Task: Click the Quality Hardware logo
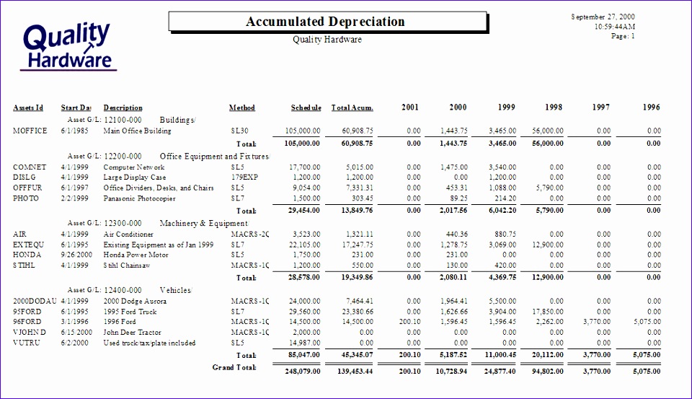click(x=68, y=46)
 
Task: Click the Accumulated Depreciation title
click(x=325, y=22)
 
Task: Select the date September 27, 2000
click(x=603, y=17)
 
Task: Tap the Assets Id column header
click(x=28, y=108)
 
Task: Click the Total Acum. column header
click(x=352, y=108)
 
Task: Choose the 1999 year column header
click(x=506, y=108)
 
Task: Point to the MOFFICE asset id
click(x=30, y=131)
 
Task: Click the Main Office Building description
click(x=137, y=131)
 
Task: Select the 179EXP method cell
click(x=243, y=177)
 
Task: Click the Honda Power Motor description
click(x=136, y=255)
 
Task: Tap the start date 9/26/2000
click(x=76, y=255)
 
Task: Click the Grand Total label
click(x=234, y=368)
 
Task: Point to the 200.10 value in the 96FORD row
click(x=409, y=322)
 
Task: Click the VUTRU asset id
click(x=27, y=343)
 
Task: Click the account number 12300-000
click(x=123, y=224)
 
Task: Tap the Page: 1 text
click(x=623, y=36)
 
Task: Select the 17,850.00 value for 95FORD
click(x=547, y=312)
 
